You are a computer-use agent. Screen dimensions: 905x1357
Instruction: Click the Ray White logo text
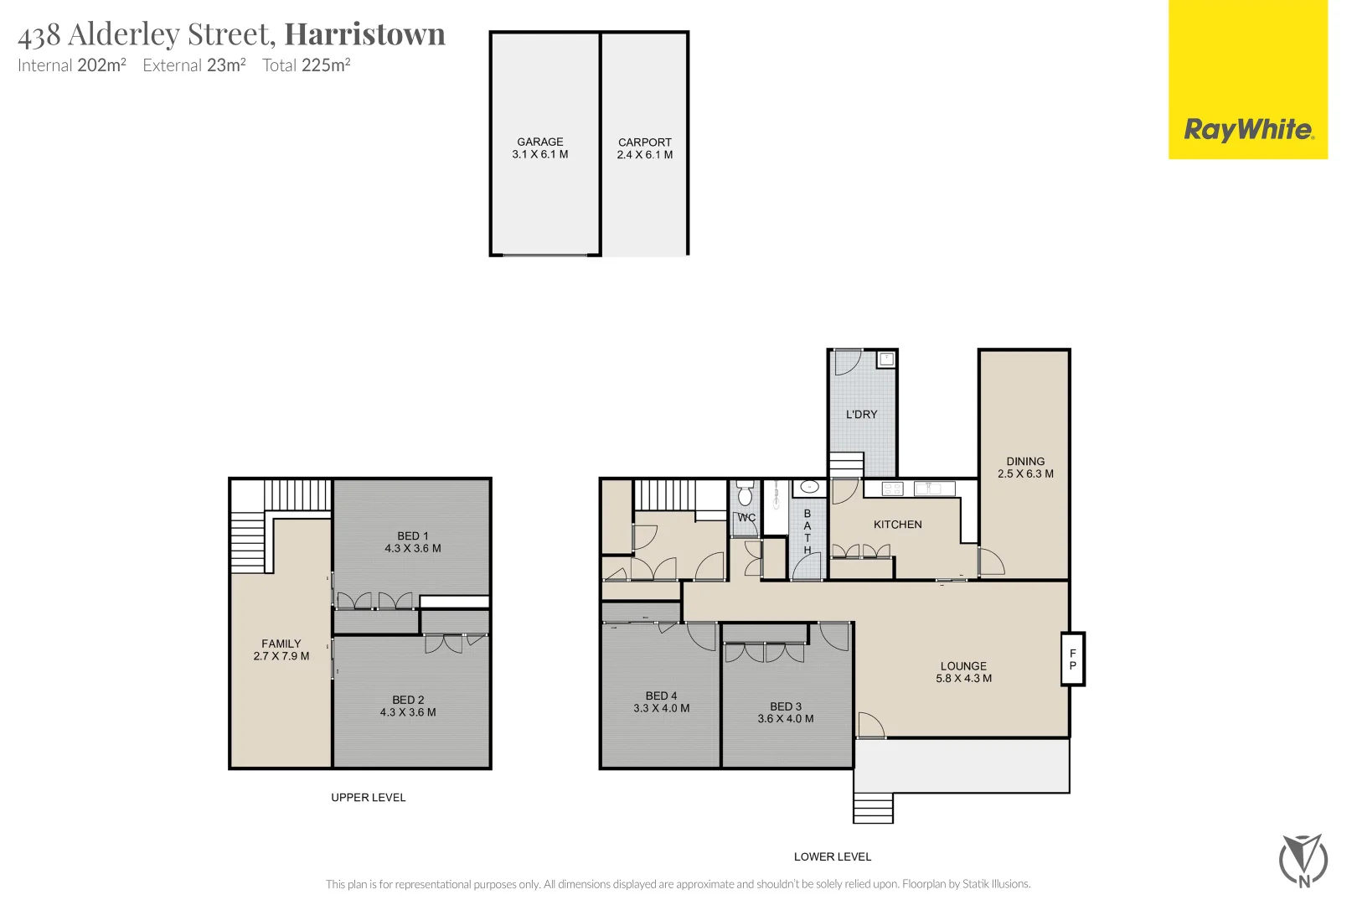[1248, 130]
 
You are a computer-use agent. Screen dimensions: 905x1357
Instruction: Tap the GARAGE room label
[540, 142]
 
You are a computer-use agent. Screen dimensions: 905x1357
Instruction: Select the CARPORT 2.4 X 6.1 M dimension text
[645, 155]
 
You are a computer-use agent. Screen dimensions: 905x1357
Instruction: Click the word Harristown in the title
[365, 34]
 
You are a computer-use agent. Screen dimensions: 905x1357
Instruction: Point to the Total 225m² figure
[307, 65]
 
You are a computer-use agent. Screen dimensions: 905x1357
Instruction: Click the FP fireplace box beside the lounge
[1073, 659]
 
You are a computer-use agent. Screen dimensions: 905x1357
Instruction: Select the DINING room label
[1025, 461]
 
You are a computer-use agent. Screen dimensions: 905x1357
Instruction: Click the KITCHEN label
[897, 525]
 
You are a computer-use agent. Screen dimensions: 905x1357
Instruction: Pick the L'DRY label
[861, 414]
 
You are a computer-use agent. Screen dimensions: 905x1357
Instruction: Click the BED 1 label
[413, 535]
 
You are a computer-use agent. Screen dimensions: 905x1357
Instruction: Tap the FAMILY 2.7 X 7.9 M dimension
[281, 656]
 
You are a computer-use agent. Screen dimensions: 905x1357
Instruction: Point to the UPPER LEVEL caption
[369, 797]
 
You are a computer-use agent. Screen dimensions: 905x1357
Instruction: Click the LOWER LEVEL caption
[833, 856]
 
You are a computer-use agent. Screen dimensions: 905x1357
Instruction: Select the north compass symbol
[1303, 860]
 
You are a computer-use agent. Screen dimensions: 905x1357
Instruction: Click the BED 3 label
[786, 706]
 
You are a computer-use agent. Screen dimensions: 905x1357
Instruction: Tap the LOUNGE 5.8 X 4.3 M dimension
[963, 679]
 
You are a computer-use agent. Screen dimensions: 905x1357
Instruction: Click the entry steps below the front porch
[873, 809]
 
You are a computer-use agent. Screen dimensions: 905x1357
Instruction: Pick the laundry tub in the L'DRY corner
[886, 359]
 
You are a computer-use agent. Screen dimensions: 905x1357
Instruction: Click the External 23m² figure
[194, 65]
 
